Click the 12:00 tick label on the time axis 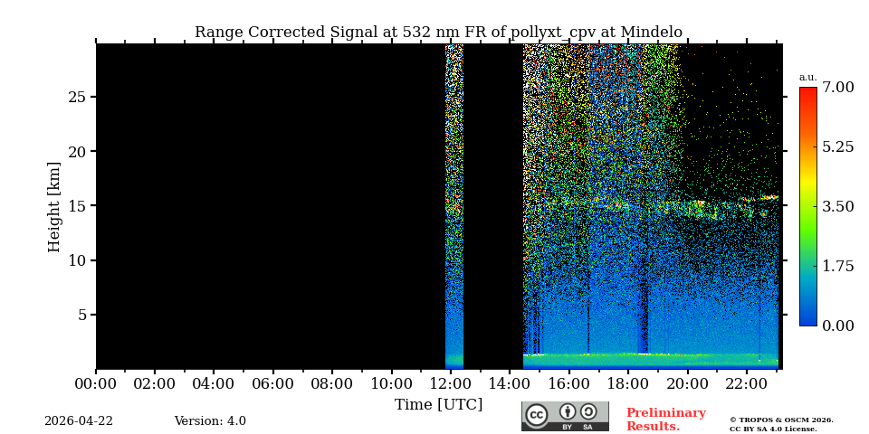coord(450,383)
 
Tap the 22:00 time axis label coord(746,383)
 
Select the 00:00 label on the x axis coord(96,383)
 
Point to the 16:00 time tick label coord(568,383)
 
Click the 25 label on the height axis coord(77,97)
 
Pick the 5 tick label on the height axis coord(81,315)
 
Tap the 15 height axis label coord(77,206)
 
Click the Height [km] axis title coord(54,206)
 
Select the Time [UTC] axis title coord(438,404)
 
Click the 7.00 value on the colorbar coord(837,88)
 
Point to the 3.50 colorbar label coord(837,206)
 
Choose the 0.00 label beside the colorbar coord(837,325)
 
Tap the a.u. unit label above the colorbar coord(807,78)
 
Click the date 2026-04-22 coord(79,421)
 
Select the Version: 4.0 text coord(210,421)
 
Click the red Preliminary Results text coord(665,420)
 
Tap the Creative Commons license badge coord(565,416)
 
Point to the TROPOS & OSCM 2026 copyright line coord(781,420)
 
